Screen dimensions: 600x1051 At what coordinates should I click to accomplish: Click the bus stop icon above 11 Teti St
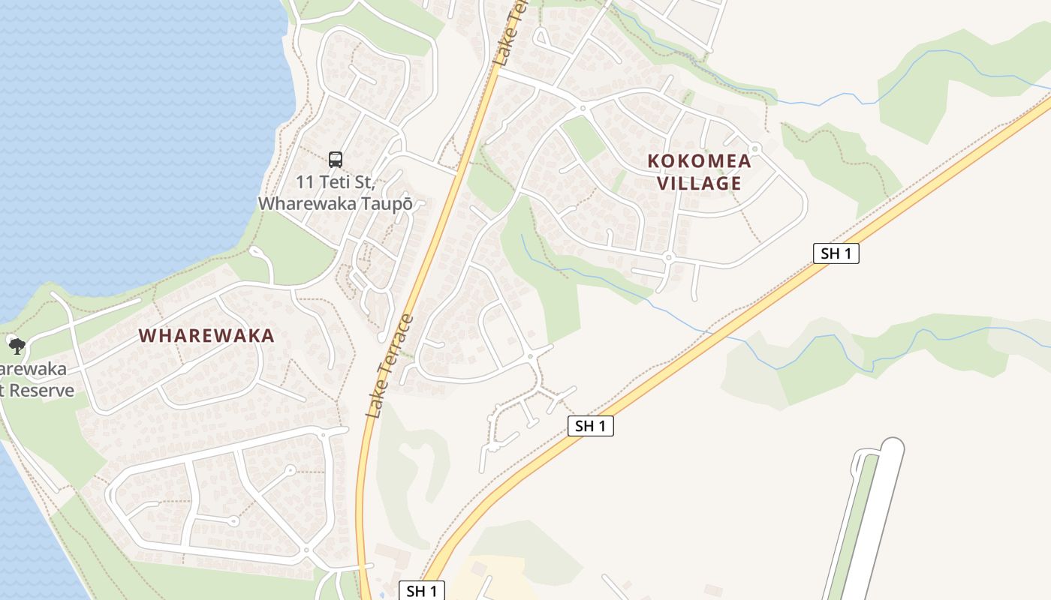336,159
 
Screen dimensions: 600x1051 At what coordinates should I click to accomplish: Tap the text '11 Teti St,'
335,182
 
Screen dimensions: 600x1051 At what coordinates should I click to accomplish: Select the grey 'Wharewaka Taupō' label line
335,203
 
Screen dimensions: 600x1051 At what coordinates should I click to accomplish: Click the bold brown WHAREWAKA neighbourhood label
206,336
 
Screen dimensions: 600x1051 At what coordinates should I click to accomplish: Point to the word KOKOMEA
699,160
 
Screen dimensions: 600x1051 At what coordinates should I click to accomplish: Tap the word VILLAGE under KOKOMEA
699,183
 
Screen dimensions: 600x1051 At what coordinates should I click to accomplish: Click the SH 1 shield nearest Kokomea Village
836,253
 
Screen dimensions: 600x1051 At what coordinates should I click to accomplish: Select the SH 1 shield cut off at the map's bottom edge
421,591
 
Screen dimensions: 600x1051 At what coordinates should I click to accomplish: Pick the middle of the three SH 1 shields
590,426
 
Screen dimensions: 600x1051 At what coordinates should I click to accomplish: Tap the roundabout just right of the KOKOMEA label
754,148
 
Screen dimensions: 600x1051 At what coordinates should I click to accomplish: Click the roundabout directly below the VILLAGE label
667,258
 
